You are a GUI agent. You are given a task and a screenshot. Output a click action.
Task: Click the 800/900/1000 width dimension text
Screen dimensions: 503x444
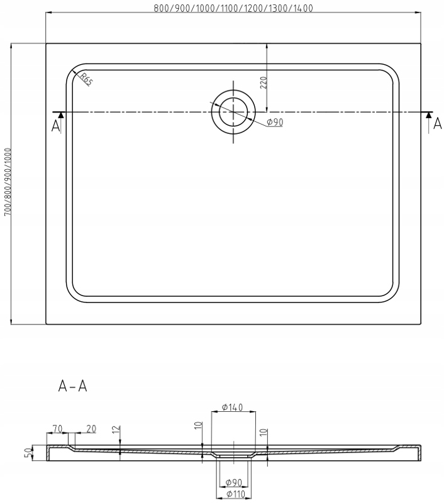coord(233,8)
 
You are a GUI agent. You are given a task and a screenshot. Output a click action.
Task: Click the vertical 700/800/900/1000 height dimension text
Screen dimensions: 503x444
coord(8,182)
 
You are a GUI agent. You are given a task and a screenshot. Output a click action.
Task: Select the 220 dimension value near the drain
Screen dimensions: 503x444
coord(264,82)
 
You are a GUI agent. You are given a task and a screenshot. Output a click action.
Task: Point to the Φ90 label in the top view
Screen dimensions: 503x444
coord(274,123)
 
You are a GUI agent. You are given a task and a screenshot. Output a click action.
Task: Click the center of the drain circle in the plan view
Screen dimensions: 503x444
coord(233,111)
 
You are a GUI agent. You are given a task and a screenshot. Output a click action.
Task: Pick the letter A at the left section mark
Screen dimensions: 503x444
coord(56,126)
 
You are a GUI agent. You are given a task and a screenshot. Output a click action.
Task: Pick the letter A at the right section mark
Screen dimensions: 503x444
coord(438,124)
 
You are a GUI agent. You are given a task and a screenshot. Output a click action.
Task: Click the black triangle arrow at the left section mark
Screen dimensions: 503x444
coord(60,115)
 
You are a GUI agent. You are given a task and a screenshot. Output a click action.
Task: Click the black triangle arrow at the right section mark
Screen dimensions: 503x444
coord(429,115)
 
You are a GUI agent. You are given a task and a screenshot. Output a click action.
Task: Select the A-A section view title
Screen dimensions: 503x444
coord(73,386)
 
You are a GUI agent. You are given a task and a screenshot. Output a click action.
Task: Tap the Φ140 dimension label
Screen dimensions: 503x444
coord(232,407)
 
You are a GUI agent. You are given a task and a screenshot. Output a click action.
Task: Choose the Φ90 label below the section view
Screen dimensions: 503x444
coord(233,483)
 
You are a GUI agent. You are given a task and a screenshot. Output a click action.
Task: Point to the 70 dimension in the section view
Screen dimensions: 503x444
coord(57,429)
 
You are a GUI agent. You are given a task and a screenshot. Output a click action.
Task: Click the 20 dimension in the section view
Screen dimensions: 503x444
coord(91,429)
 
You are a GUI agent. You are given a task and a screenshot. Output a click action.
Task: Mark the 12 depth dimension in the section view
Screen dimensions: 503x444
coord(114,431)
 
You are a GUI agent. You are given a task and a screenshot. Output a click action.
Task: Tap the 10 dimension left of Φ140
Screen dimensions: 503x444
coord(197,427)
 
